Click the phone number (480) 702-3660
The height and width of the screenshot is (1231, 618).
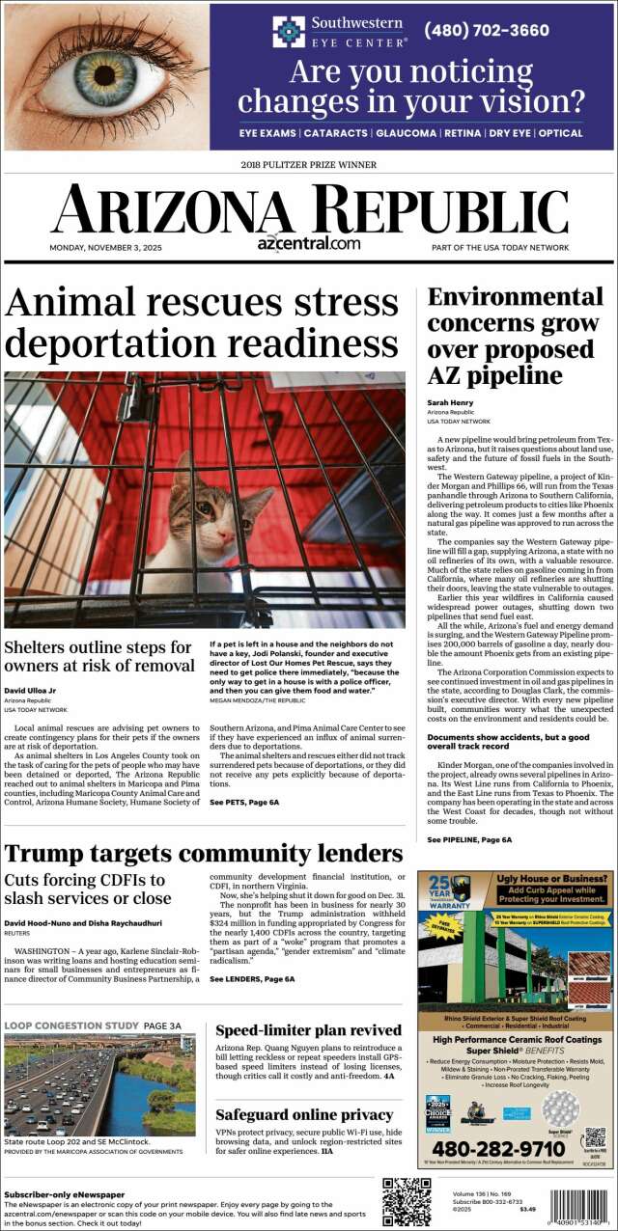click(x=487, y=30)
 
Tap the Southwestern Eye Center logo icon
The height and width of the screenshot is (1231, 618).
click(x=288, y=31)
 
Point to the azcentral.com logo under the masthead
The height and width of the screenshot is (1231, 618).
click(x=309, y=243)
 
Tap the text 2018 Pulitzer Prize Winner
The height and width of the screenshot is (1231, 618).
click(x=309, y=165)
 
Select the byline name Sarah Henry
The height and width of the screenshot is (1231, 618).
click(x=448, y=402)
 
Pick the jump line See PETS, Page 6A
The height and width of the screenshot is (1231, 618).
click(x=244, y=802)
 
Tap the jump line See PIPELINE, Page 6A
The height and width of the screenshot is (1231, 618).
click(x=469, y=840)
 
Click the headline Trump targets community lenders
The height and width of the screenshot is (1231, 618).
click(x=204, y=853)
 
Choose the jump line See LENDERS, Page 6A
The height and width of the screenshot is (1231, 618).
click(x=252, y=979)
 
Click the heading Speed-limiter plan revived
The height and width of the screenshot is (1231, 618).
click(x=308, y=1030)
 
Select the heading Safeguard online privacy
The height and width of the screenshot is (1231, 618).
click(x=304, y=1114)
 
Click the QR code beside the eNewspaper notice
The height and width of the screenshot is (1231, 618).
click(x=407, y=1202)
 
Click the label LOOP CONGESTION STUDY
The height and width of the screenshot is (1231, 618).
click(x=71, y=1025)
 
